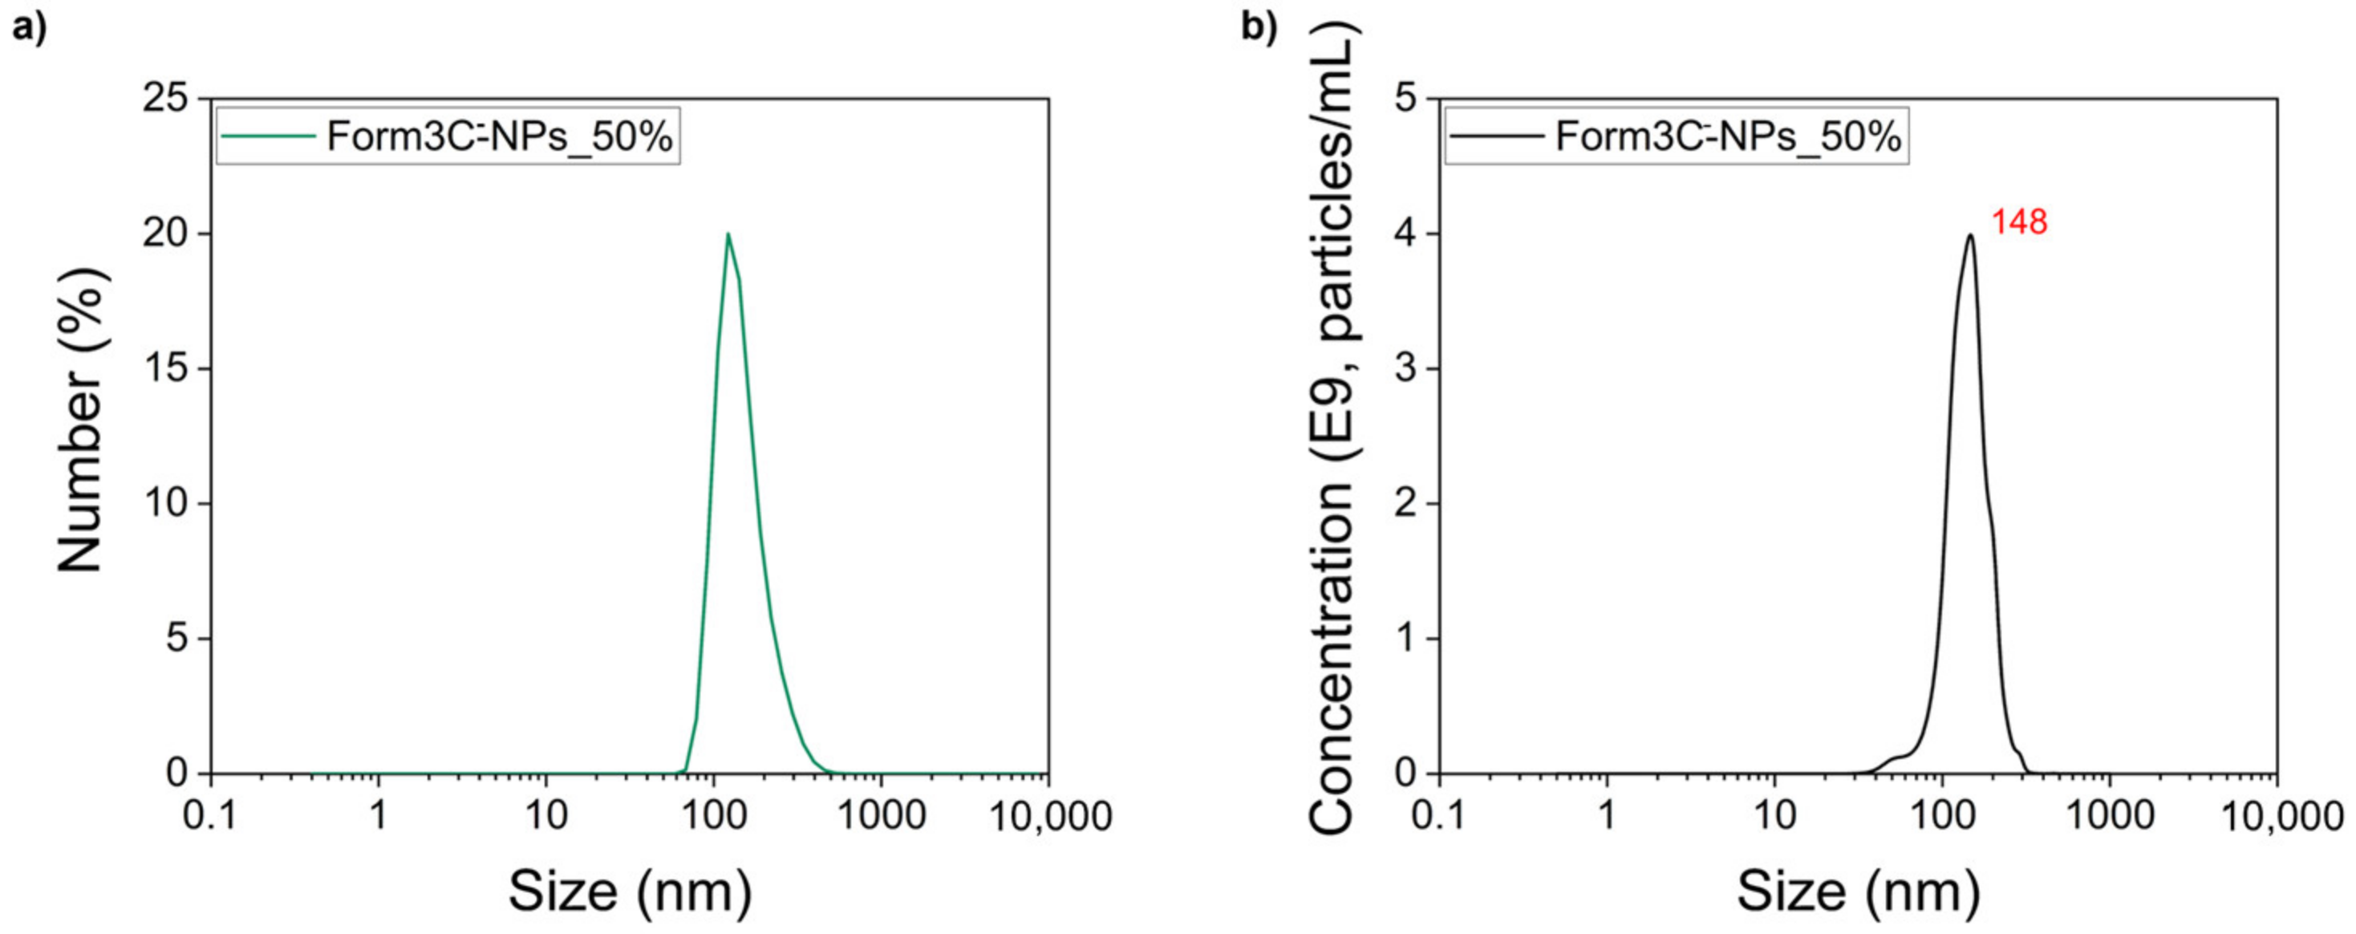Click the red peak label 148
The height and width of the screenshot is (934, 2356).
click(x=2019, y=222)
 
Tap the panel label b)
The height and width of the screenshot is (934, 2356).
click(x=1259, y=27)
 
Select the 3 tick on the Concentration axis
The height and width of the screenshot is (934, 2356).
click(x=1405, y=368)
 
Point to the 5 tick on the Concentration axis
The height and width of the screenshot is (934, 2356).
click(x=1405, y=98)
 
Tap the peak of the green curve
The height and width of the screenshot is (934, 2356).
click(x=728, y=234)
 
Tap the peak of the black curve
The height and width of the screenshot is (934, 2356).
click(x=1970, y=236)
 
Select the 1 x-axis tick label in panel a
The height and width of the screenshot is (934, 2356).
click(x=379, y=815)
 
